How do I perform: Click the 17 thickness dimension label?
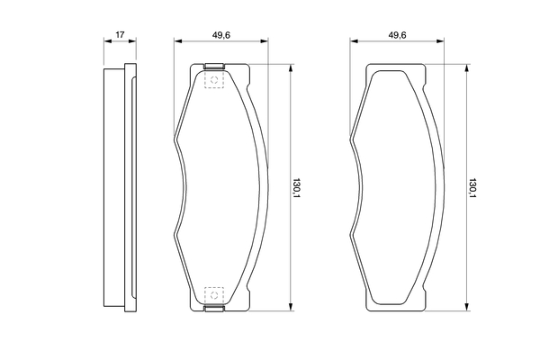120,34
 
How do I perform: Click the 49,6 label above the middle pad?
221,35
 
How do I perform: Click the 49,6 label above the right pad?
397,35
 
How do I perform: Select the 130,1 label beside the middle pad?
296,188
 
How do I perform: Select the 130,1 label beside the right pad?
472,188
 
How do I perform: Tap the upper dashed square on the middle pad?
214,80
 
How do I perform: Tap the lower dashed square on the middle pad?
214,295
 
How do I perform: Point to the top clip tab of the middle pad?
214,66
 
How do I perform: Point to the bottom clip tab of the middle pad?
214,309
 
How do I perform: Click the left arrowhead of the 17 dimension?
108,41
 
